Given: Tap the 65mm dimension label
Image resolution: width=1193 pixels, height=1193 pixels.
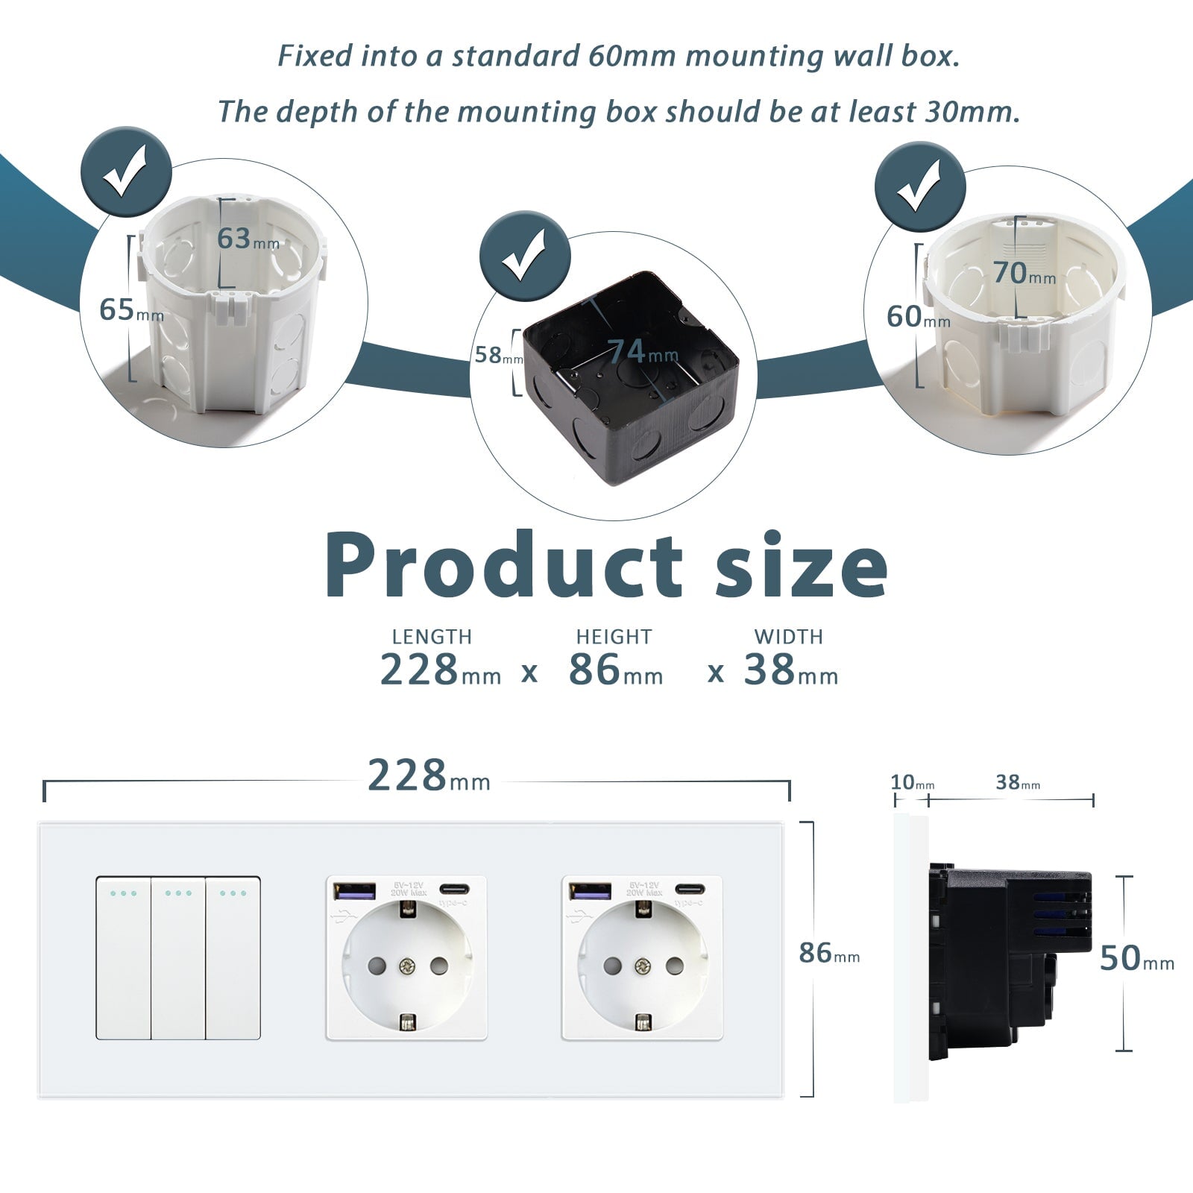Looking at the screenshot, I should (130, 310).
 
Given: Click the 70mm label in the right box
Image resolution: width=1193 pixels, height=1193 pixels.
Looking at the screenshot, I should (1024, 274).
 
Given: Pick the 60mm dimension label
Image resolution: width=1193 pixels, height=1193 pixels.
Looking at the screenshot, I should (917, 318).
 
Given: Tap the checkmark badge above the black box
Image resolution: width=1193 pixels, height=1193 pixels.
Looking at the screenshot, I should (524, 256).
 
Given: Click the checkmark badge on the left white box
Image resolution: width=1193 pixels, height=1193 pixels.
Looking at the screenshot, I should (126, 172).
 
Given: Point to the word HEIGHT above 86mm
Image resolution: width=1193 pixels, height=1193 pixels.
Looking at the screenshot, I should (614, 637).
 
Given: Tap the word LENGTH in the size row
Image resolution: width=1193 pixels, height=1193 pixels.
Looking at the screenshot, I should (432, 637).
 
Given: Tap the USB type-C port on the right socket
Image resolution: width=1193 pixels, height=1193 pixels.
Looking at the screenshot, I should (690, 889).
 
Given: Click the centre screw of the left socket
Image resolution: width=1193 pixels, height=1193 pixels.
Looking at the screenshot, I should (406, 967).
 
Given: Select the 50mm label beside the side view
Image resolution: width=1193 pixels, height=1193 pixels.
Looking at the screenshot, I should (1136, 959).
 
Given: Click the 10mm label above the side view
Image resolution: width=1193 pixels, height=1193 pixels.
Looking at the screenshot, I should (912, 783).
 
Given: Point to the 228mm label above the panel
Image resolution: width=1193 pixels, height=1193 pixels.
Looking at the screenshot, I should (429, 777).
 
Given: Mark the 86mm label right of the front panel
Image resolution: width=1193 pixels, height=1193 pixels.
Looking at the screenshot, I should (828, 954).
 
